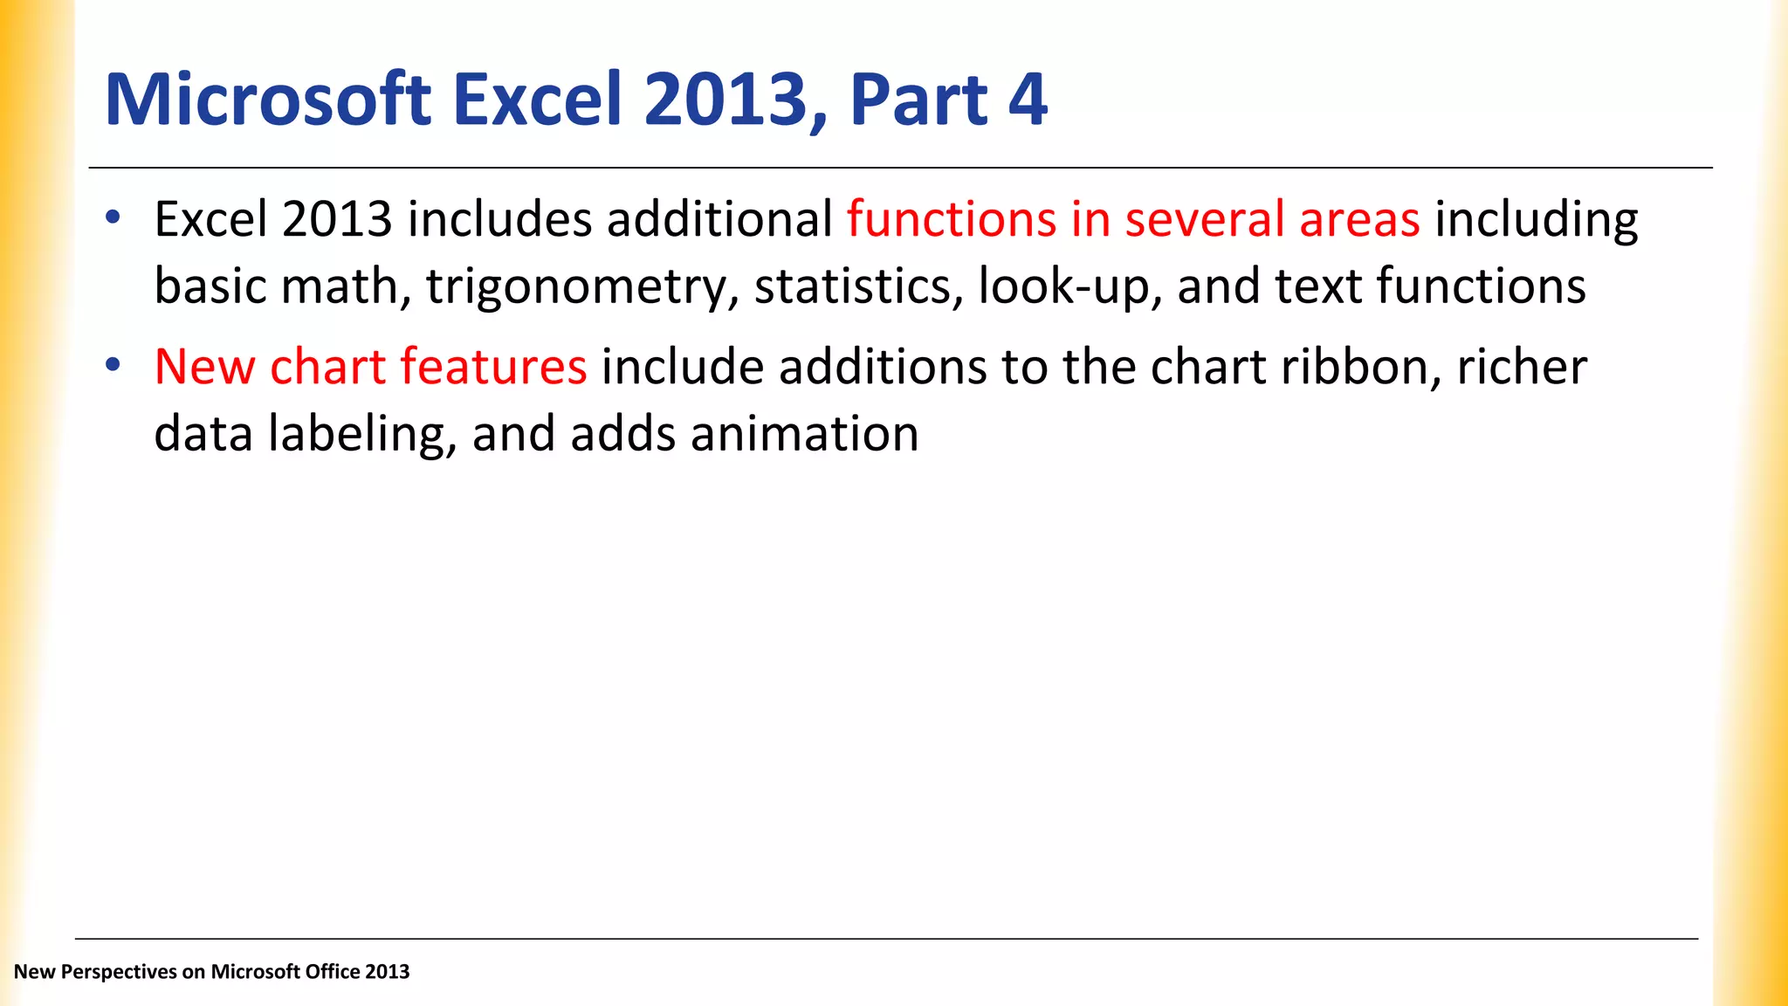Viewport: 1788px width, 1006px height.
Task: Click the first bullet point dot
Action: (x=112, y=217)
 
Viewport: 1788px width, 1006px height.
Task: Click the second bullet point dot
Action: (x=112, y=364)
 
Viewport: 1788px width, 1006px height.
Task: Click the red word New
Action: (x=204, y=366)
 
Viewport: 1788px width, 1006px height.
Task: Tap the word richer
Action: (x=1522, y=366)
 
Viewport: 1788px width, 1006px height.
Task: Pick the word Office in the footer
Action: (x=331, y=972)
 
